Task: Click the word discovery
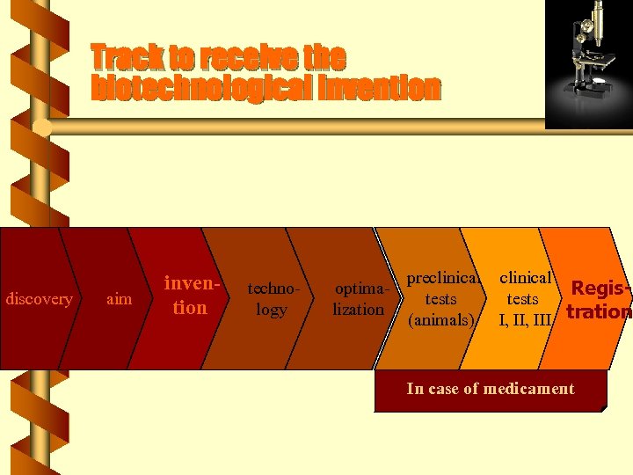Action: click(39, 299)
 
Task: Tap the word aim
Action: click(120, 299)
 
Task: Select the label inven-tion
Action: click(187, 296)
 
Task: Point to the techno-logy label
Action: click(270, 299)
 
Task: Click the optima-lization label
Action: click(359, 299)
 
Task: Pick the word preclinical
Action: click(442, 279)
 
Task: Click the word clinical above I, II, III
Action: click(525, 278)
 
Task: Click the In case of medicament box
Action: click(490, 390)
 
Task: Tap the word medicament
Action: click(533, 389)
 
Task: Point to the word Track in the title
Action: click(127, 57)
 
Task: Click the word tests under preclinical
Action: click(440, 300)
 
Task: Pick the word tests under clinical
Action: click(522, 300)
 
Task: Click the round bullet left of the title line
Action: click(42, 128)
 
